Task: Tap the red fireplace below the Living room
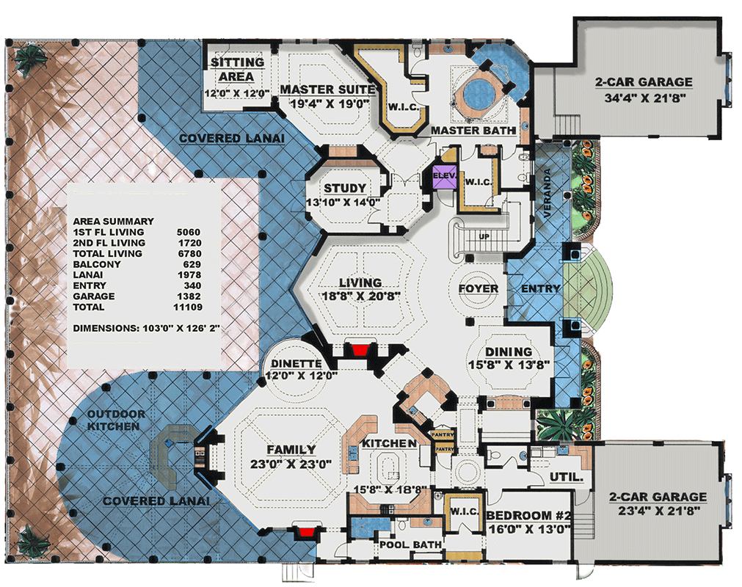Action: [360, 351]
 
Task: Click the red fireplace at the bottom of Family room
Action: [308, 533]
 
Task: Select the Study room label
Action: [344, 189]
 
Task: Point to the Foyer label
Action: [479, 288]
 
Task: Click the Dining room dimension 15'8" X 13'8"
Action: [509, 365]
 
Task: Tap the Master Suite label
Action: [327, 90]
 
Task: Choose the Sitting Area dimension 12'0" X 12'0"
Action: [237, 93]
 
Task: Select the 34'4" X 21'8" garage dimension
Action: [645, 98]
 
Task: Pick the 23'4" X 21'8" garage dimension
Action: [658, 511]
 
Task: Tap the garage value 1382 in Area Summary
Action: [189, 296]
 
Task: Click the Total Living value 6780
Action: [189, 254]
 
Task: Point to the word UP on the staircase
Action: [484, 236]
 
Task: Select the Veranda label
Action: [547, 193]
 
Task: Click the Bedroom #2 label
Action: [528, 516]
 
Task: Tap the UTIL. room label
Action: [566, 477]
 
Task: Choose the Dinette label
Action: [297, 364]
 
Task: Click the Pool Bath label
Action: [410, 545]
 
